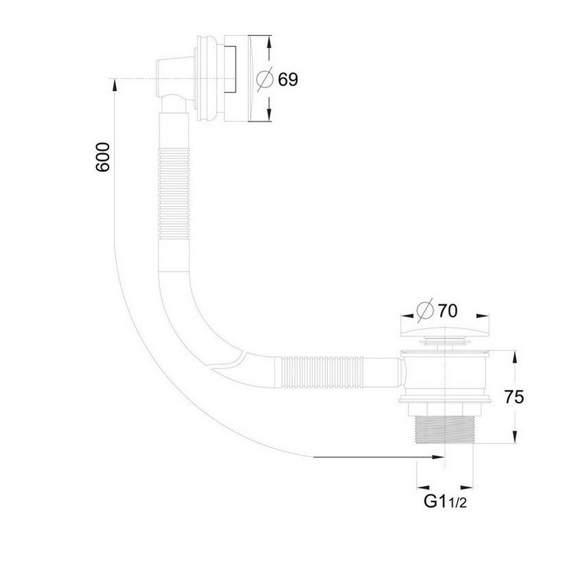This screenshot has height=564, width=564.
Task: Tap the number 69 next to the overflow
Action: coord(287,80)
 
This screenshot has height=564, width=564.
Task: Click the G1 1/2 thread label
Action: coord(444,501)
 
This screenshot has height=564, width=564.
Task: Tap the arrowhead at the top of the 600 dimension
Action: coord(115,85)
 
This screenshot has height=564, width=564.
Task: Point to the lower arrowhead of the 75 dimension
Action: coord(514,439)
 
